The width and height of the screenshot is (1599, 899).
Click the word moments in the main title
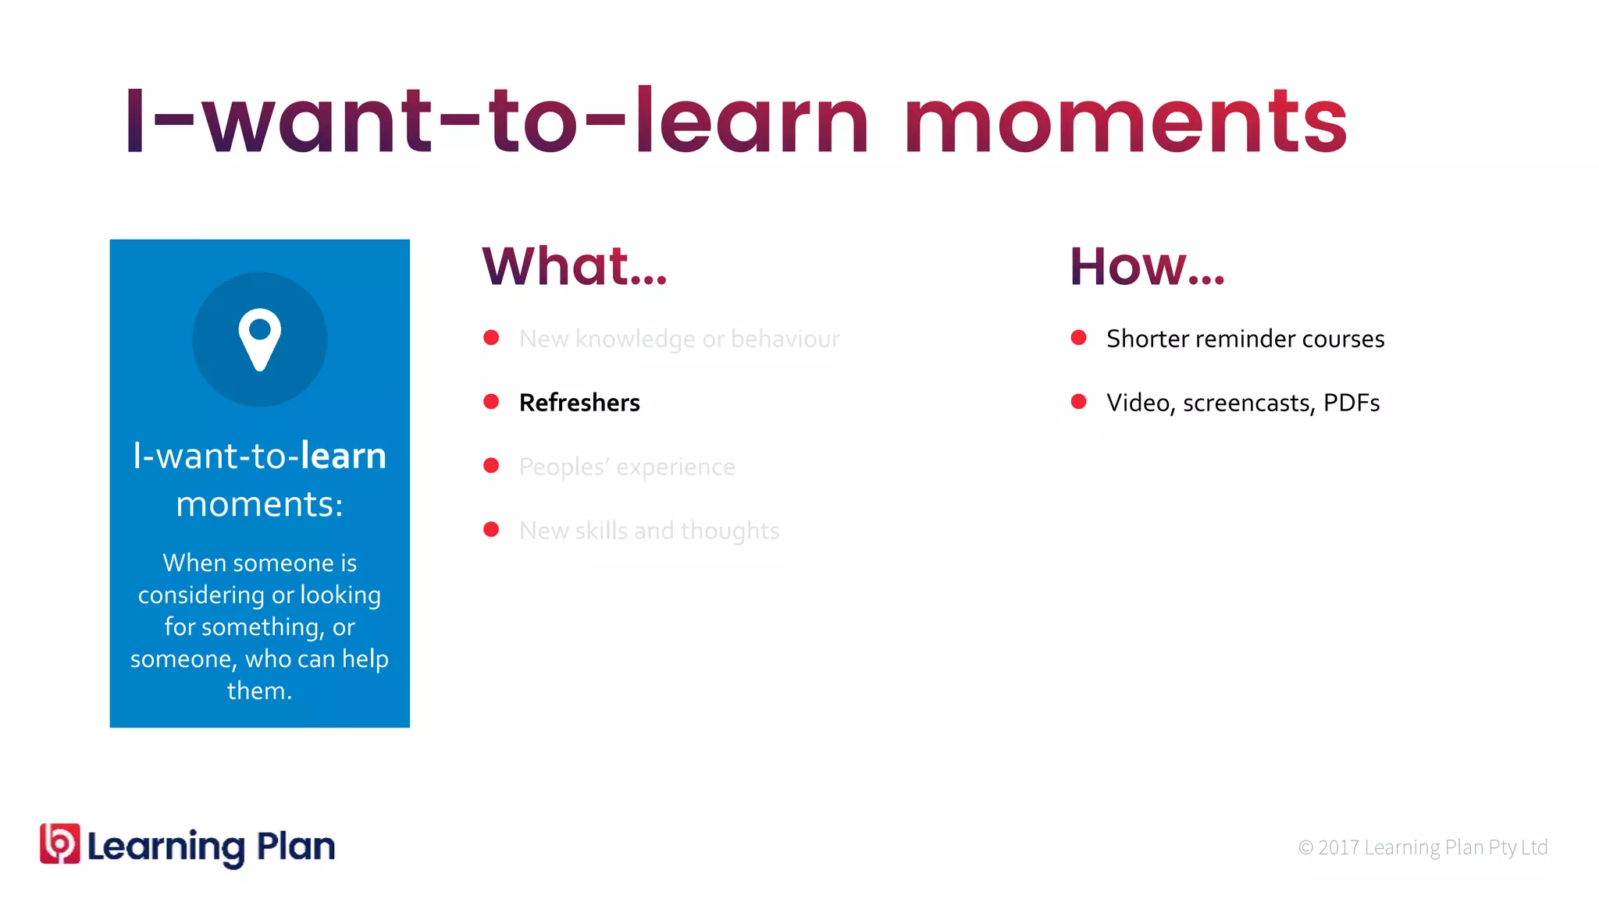tap(1124, 123)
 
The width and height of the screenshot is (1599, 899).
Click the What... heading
tap(575, 266)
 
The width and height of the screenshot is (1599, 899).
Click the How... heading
tap(1146, 266)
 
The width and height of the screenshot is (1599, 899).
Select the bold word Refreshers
tap(579, 403)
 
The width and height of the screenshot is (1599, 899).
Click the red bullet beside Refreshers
tap(491, 402)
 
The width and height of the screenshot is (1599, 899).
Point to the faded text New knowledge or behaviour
tap(679, 339)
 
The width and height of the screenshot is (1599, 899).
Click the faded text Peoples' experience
tap(627, 467)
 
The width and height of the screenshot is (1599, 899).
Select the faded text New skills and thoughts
tap(649, 531)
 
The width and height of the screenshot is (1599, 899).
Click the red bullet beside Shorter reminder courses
tap(1078, 338)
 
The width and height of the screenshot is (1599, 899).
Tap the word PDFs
tap(1351, 403)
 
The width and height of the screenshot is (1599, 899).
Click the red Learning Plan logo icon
tap(60, 844)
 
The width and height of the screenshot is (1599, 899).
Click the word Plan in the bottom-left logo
tap(296, 846)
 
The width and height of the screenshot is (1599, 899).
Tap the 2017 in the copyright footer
tap(1338, 847)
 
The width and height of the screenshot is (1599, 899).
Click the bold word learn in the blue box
tap(344, 456)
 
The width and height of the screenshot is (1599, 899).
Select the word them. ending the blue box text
tap(259, 691)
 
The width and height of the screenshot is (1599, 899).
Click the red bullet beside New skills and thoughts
tap(491, 530)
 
